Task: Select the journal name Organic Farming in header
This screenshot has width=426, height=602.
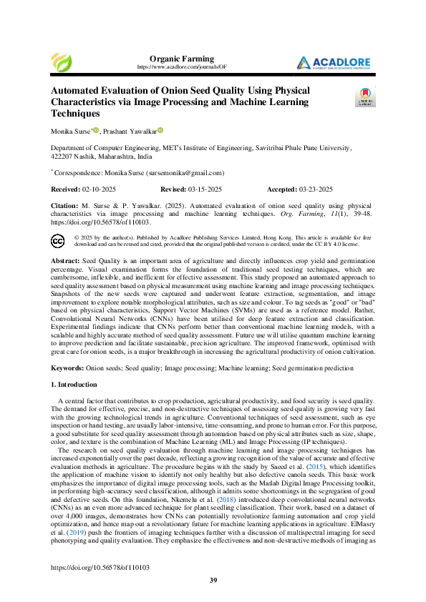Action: coord(181,58)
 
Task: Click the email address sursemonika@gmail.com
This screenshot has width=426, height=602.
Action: coord(185,173)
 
